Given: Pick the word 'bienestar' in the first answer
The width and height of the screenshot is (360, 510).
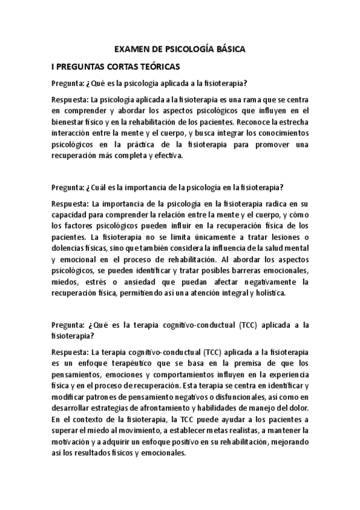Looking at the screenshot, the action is click(x=69, y=121).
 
